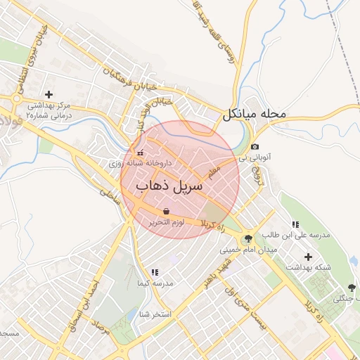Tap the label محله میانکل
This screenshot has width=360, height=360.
pyautogui.click(x=255, y=114)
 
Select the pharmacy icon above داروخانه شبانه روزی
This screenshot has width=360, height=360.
pyautogui.click(x=140, y=152)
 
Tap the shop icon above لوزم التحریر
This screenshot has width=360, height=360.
pyautogui.click(x=166, y=211)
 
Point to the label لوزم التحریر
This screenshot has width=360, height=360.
pyautogui.click(x=166, y=222)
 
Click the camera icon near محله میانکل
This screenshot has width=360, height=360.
pyautogui.click(x=254, y=147)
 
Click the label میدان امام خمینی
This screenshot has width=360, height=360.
pyautogui.click(x=249, y=250)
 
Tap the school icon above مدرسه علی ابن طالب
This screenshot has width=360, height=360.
pyautogui.click(x=294, y=224)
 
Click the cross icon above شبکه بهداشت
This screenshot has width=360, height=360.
pyautogui.click(x=308, y=256)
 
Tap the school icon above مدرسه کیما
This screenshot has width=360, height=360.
pyautogui.click(x=154, y=271)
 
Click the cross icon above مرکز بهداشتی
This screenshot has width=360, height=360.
pyautogui.click(x=49, y=94)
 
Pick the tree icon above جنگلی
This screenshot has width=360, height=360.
pyautogui.click(x=351, y=288)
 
